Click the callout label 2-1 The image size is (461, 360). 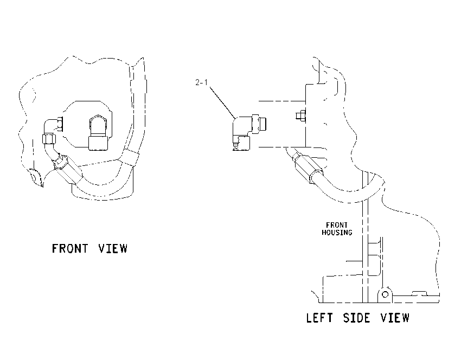click(x=201, y=82)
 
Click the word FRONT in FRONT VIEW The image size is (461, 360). click(x=70, y=249)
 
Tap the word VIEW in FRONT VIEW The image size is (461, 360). click(x=113, y=249)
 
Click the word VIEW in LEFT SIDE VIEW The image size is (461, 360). click(x=395, y=318)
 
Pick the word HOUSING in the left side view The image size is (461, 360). click(x=337, y=233)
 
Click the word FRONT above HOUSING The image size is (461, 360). click(x=337, y=226)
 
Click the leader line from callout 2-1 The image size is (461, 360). click(x=222, y=101)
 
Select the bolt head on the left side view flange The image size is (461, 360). click(x=300, y=115)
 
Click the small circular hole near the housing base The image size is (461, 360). click(x=385, y=294)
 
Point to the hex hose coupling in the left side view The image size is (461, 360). click(x=308, y=168)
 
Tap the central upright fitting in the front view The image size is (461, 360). click(x=99, y=133)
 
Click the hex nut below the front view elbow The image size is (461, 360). click(x=49, y=139)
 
